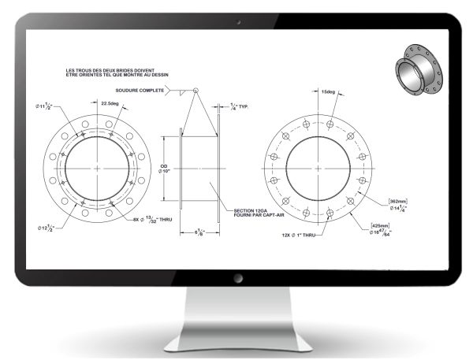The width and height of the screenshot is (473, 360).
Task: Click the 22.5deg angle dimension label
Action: pyautogui.click(x=110, y=102)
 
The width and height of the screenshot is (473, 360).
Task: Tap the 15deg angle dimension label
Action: pyautogui.click(x=329, y=94)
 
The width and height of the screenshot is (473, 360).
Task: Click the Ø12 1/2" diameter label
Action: pyautogui.click(x=47, y=228)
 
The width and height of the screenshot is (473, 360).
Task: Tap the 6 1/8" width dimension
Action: pyautogui.click(x=199, y=232)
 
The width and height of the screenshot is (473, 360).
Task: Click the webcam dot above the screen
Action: pyautogui.click(x=236, y=21)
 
